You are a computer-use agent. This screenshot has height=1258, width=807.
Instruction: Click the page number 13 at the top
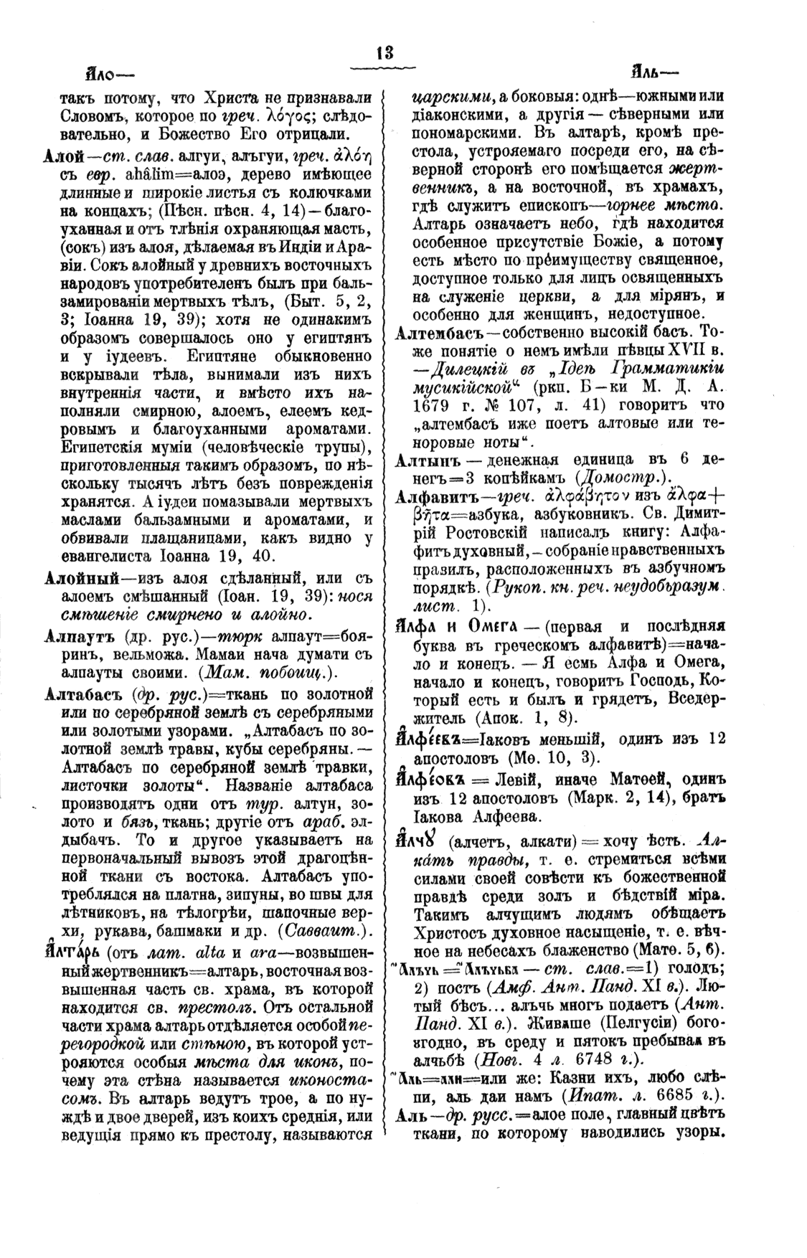coord(384,54)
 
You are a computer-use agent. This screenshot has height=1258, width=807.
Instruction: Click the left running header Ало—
coord(107,74)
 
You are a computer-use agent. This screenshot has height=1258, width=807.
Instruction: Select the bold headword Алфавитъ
coord(434,499)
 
